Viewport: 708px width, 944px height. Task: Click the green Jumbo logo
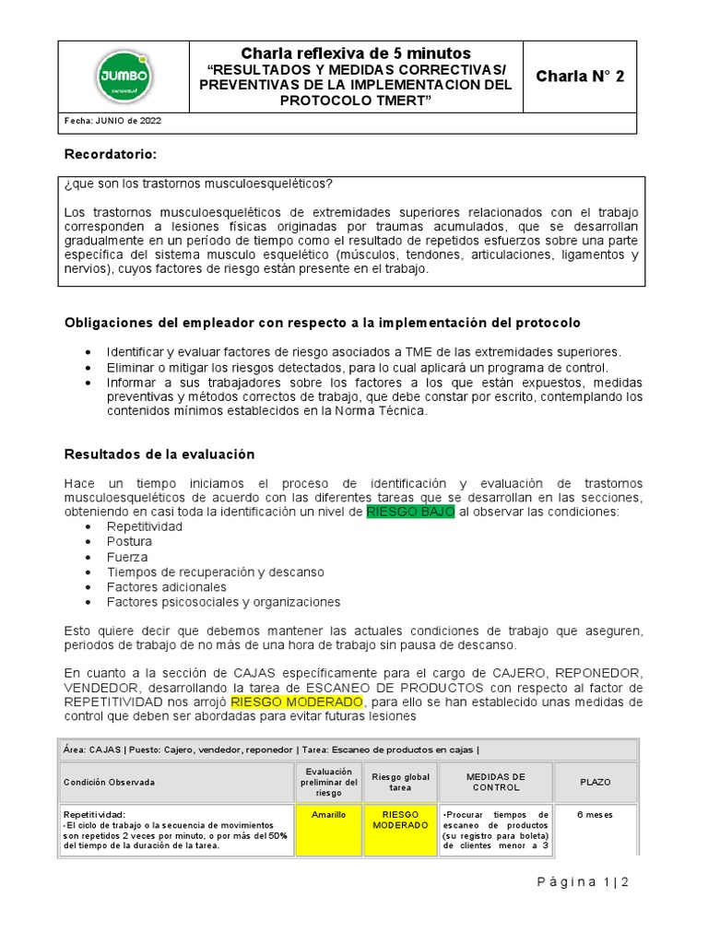(124, 77)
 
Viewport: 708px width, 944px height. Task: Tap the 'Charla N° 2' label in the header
(580, 77)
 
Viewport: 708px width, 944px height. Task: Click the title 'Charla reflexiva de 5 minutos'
(356, 53)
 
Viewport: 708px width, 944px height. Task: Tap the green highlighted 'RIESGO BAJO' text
(410, 512)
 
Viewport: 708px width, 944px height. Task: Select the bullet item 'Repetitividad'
(145, 526)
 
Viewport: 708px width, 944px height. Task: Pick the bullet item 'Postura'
(129, 542)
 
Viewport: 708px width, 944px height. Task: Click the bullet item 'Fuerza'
(126, 557)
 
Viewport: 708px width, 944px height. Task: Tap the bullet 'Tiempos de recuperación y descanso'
(215, 572)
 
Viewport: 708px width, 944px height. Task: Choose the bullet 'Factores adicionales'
(166, 587)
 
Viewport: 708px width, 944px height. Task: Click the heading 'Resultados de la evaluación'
(159, 454)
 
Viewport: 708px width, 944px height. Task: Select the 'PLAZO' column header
(595, 782)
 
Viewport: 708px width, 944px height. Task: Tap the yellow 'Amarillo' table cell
(328, 815)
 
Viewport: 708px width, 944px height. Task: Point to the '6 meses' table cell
(595, 815)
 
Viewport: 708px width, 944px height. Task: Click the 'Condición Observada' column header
(109, 782)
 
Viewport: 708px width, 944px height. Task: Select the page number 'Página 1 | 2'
(582, 882)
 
